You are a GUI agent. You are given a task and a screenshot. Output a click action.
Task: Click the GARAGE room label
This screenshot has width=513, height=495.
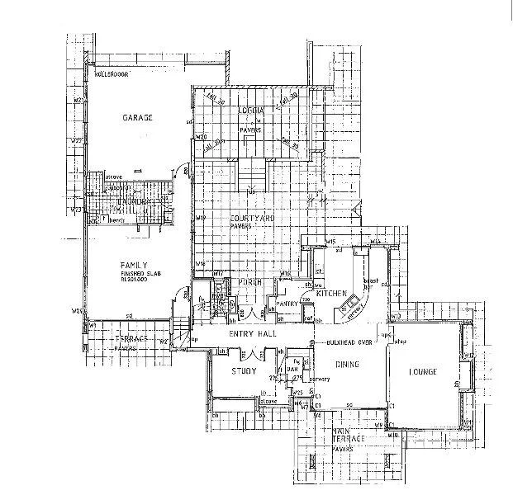[x=138, y=118]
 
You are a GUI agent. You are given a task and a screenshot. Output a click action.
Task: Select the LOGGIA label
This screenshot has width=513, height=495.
[x=251, y=111]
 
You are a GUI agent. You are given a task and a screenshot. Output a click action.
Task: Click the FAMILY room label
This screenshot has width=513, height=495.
[x=134, y=266]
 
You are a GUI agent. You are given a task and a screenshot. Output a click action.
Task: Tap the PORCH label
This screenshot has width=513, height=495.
[x=250, y=282]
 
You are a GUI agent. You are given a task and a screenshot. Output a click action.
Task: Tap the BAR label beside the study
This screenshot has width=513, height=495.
[x=291, y=368]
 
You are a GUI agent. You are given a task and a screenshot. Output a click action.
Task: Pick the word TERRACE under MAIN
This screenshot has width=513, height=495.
[x=343, y=441]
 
